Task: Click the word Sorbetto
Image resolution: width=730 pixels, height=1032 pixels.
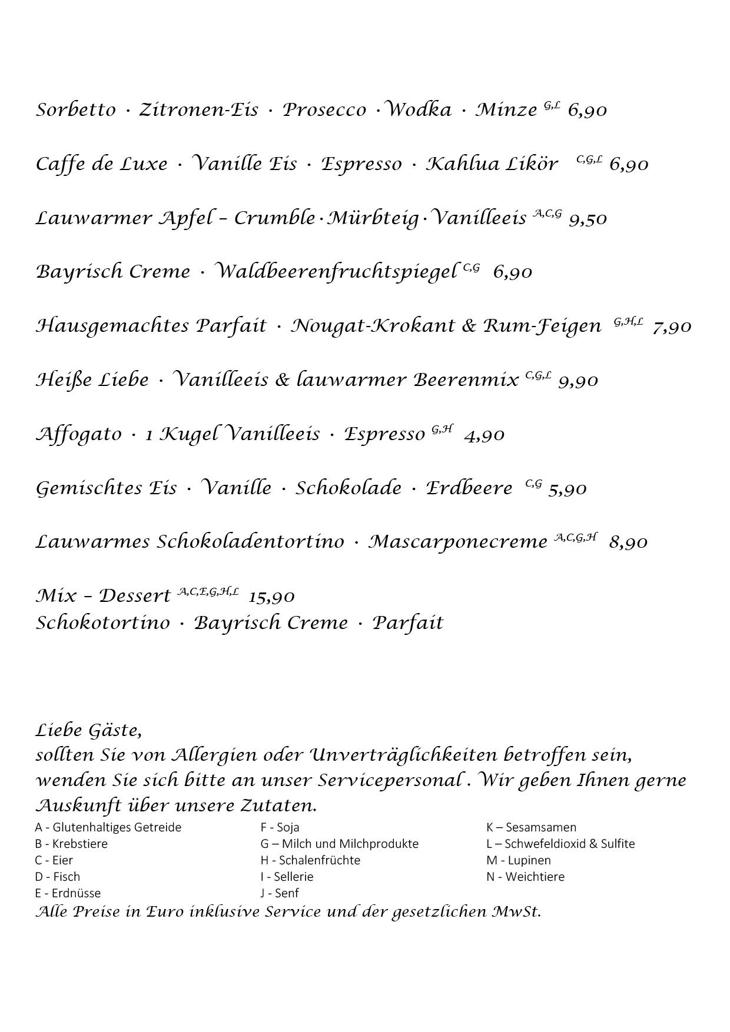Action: [x=76, y=110]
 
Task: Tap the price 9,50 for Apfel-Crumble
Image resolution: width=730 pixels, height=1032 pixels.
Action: [x=588, y=219]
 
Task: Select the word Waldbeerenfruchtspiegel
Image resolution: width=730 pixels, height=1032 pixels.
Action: [x=336, y=272]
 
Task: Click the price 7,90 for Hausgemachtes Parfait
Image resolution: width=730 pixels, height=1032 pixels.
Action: [x=672, y=327]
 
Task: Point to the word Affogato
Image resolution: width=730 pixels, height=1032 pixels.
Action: [x=78, y=435]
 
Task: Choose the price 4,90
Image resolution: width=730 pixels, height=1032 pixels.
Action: [x=484, y=435]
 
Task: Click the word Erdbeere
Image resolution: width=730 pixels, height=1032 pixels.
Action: [x=469, y=488]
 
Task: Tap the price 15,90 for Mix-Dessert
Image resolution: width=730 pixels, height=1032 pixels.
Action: [x=271, y=597]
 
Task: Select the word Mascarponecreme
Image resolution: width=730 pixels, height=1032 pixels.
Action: [x=458, y=542]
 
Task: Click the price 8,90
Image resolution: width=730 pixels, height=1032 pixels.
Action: [x=628, y=542]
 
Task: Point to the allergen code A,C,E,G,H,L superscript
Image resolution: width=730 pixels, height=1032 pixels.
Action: [x=208, y=592]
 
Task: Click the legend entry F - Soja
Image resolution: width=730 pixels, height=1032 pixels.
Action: [x=280, y=827]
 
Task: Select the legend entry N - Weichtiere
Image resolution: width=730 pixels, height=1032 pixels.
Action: [x=525, y=877]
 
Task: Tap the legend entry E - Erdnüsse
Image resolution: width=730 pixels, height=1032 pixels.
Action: [x=68, y=893]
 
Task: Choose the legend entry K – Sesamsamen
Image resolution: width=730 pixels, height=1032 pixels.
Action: [x=531, y=827]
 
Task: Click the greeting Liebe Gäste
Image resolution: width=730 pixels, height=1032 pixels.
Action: [x=88, y=731]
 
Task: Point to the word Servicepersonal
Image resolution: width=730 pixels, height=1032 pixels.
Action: [x=390, y=781]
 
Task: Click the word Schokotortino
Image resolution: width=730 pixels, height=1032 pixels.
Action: [x=102, y=623]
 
